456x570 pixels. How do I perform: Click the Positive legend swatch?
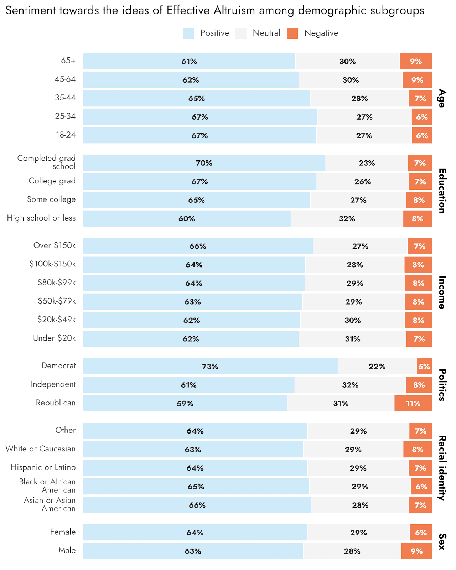click(x=188, y=33)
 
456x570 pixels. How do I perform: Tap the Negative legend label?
click(x=321, y=33)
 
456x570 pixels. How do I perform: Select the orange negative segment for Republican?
click(x=413, y=403)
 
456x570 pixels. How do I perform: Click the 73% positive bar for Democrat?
click(x=210, y=366)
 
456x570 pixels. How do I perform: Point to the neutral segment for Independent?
click(x=350, y=385)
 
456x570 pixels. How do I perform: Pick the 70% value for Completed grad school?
click(x=204, y=163)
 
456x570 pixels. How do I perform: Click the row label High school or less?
click(x=41, y=218)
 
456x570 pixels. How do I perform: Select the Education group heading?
click(x=442, y=191)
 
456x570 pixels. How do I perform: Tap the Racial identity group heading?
click(x=442, y=468)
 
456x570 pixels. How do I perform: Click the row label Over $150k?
click(x=55, y=245)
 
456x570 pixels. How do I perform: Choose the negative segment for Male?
click(x=416, y=551)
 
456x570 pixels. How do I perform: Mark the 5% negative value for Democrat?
click(x=424, y=366)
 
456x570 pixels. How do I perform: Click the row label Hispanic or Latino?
click(x=43, y=467)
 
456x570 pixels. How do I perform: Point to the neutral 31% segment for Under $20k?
click(x=352, y=339)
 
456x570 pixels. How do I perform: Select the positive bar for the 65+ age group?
click(x=189, y=61)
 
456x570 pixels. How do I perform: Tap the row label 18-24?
click(x=66, y=135)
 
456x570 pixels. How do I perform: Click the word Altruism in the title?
click(x=234, y=10)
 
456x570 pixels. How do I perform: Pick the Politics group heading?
click(x=442, y=385)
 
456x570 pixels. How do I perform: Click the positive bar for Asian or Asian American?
click(x=197, y=505)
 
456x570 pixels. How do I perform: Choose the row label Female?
click(x=63, y=532)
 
